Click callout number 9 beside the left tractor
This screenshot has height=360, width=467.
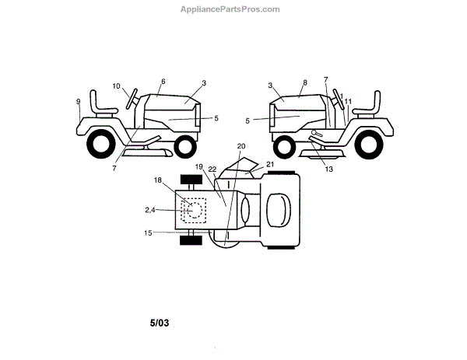78,101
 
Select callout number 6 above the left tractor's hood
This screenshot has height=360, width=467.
163,81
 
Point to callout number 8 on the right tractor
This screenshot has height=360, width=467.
304,82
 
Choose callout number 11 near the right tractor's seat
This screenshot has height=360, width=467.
348,101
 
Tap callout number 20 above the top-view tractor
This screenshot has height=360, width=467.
241,145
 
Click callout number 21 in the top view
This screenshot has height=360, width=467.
269,164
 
